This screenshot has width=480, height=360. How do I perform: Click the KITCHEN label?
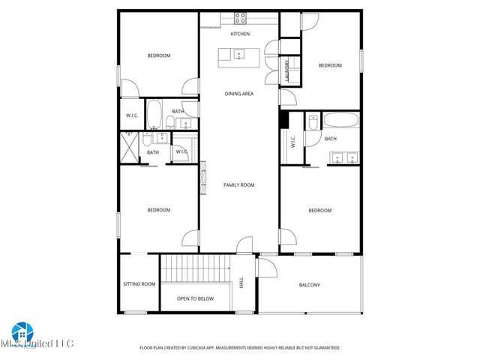click(239, 34)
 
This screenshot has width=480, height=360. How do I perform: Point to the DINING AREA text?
click(239, 94)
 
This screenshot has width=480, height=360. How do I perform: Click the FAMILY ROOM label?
click(239, 184)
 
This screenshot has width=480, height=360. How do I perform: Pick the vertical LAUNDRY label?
click(287, 70)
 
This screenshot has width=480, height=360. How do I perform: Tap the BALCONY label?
click(310, 285)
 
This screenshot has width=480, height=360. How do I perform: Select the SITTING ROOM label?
click(139, 284)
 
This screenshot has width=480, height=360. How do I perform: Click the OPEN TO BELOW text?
click(195, 298)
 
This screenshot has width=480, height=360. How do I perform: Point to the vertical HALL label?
click(241, 283)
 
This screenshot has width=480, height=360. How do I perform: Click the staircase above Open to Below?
click(195, 267)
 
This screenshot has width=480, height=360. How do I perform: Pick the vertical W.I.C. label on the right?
click(292, 140)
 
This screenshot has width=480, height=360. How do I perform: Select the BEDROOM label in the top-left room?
click(158, 55)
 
